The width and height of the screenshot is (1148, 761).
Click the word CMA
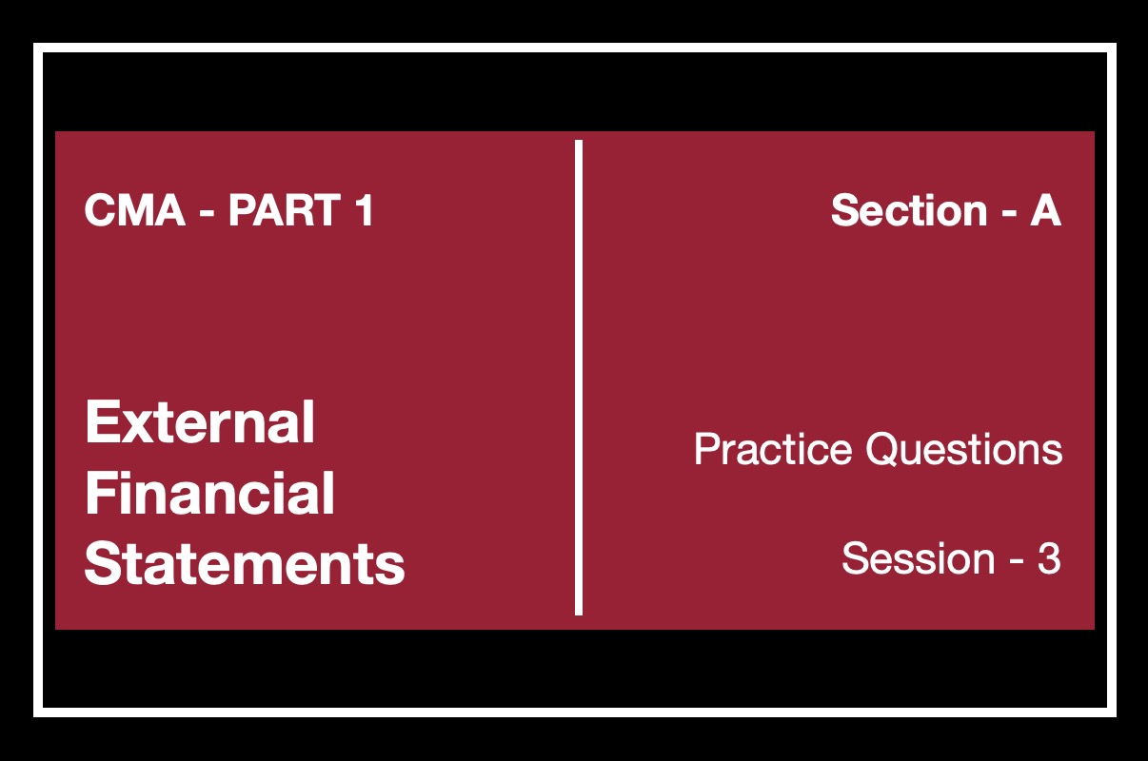[x=135, y=210]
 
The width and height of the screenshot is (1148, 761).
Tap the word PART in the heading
[x=285, y=210]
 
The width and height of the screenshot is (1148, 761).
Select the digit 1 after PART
[x=365, y=210]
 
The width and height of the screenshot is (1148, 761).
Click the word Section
[x=909, y=210]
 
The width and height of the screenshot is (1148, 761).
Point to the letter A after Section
[x=1045, y=210]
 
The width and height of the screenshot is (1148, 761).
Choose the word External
[x=200, y=422]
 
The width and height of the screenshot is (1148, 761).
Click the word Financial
[x=210, y=493]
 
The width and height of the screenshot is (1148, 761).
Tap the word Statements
[x=245, y=563]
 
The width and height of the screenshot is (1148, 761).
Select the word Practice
[x=773, y=449]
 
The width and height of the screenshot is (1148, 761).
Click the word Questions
[x=964, y=449]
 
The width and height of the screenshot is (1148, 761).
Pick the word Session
[x=919, y=558]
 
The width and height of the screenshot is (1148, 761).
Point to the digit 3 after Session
[x=1049, y=558]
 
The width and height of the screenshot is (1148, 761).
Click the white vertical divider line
[x=579, y=378]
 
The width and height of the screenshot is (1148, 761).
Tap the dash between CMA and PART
[x=207, y=211]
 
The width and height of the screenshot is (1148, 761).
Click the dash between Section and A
[x=1009, y=211]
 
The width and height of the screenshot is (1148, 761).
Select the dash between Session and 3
[x=1017, y=560]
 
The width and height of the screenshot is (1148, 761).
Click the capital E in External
[x=101, y=422]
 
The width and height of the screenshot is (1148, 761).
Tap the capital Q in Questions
[x=883, y=450]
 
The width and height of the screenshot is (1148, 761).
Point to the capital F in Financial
[x=99, y=493]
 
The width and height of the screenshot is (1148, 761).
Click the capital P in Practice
[x=706, y=449]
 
